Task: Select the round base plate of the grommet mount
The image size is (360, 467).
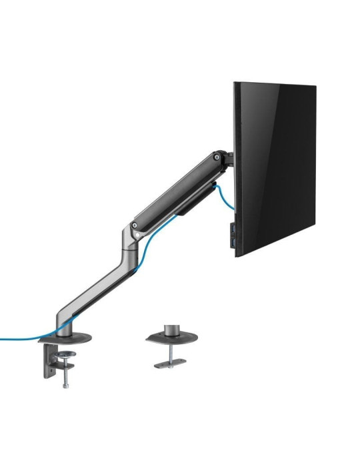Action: click(x=171, y=336)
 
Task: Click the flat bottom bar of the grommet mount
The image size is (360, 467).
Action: click(x=170, y=364)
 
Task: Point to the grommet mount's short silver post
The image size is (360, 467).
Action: click(x=170, y=328)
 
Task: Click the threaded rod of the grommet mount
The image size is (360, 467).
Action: click(x=170, y=354)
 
